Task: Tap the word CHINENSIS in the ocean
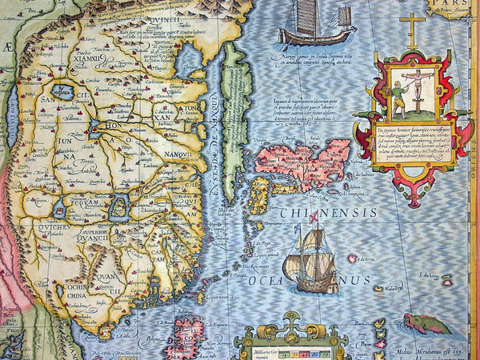328,213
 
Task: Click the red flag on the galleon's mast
314,216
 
